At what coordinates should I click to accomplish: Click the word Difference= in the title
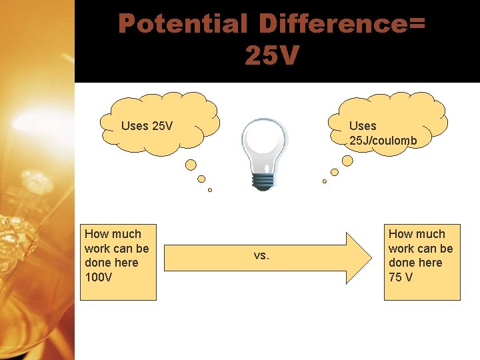(342, 24)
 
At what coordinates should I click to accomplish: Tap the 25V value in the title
(271, 55)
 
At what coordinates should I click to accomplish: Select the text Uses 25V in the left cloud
(147, 125)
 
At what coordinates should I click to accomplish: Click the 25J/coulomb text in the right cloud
(383, 141)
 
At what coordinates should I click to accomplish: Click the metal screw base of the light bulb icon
(263, 181)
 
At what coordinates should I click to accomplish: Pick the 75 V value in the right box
(401, 277)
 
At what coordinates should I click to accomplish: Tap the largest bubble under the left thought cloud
(191, 164)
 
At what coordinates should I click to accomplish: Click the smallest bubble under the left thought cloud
(209, 190)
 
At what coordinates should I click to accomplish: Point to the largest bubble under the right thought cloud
(347, 161)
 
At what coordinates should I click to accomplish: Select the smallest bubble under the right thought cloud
(325, 181)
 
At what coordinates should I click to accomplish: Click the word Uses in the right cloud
(363, 125)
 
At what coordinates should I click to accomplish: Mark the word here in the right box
(429, 262)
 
